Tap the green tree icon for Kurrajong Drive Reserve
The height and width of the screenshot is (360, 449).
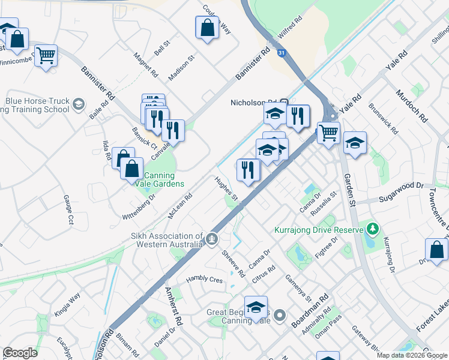coord(373,229)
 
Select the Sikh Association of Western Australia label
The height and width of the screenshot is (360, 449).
coord(162,239)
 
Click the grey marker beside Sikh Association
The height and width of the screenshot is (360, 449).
coord(211,239)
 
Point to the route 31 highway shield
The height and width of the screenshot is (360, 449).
coord(282,53)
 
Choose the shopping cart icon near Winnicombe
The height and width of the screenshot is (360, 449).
coord(46,56)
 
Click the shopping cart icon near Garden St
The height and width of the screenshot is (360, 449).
coord(328,132)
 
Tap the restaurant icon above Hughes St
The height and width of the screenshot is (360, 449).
coord(248,170)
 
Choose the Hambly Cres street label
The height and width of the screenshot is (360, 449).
coord(203,279)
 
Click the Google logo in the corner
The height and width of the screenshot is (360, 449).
coord(20,353)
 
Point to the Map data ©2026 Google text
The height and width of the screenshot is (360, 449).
coord(412,355)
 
